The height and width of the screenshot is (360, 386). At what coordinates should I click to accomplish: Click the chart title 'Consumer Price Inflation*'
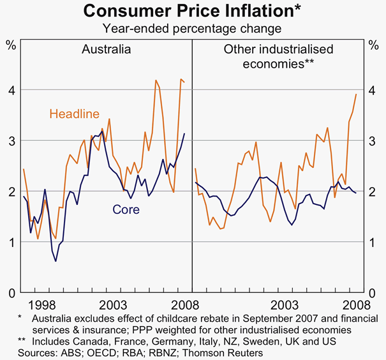point(193,11)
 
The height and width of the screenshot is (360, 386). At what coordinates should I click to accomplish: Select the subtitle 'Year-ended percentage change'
point(193,28)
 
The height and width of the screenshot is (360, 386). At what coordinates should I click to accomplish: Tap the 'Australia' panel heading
point(107,49)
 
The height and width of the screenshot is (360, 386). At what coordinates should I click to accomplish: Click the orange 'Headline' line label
point(75,114)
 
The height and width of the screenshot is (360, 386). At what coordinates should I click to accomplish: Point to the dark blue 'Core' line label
point(126,209)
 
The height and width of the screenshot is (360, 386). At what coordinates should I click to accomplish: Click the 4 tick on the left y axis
point(10,91)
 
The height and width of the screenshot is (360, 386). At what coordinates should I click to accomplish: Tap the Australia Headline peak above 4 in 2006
point(156,80)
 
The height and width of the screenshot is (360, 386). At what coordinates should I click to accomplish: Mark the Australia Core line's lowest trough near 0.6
point(56,261)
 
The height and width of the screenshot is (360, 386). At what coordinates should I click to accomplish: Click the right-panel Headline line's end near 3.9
point(356,94)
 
